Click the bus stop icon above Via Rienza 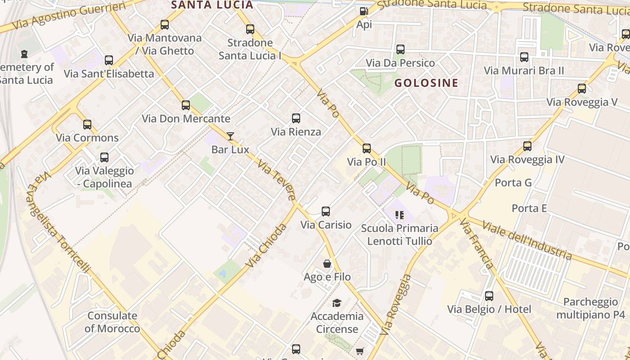296,118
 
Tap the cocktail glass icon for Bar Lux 230,136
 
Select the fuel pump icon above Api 364,11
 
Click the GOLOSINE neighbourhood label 426,83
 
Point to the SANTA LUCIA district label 212,5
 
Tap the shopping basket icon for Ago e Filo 327,264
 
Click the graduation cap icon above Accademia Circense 337,303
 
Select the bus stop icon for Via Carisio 326,211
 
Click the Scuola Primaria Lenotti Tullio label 400,234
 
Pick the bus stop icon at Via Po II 367,148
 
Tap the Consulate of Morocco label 112,322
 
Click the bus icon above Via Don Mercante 186,105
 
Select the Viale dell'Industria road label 526,240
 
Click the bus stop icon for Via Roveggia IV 527,146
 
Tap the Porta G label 513,183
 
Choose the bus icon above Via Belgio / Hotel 489,296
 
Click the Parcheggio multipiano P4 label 590,308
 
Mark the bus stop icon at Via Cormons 87,124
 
